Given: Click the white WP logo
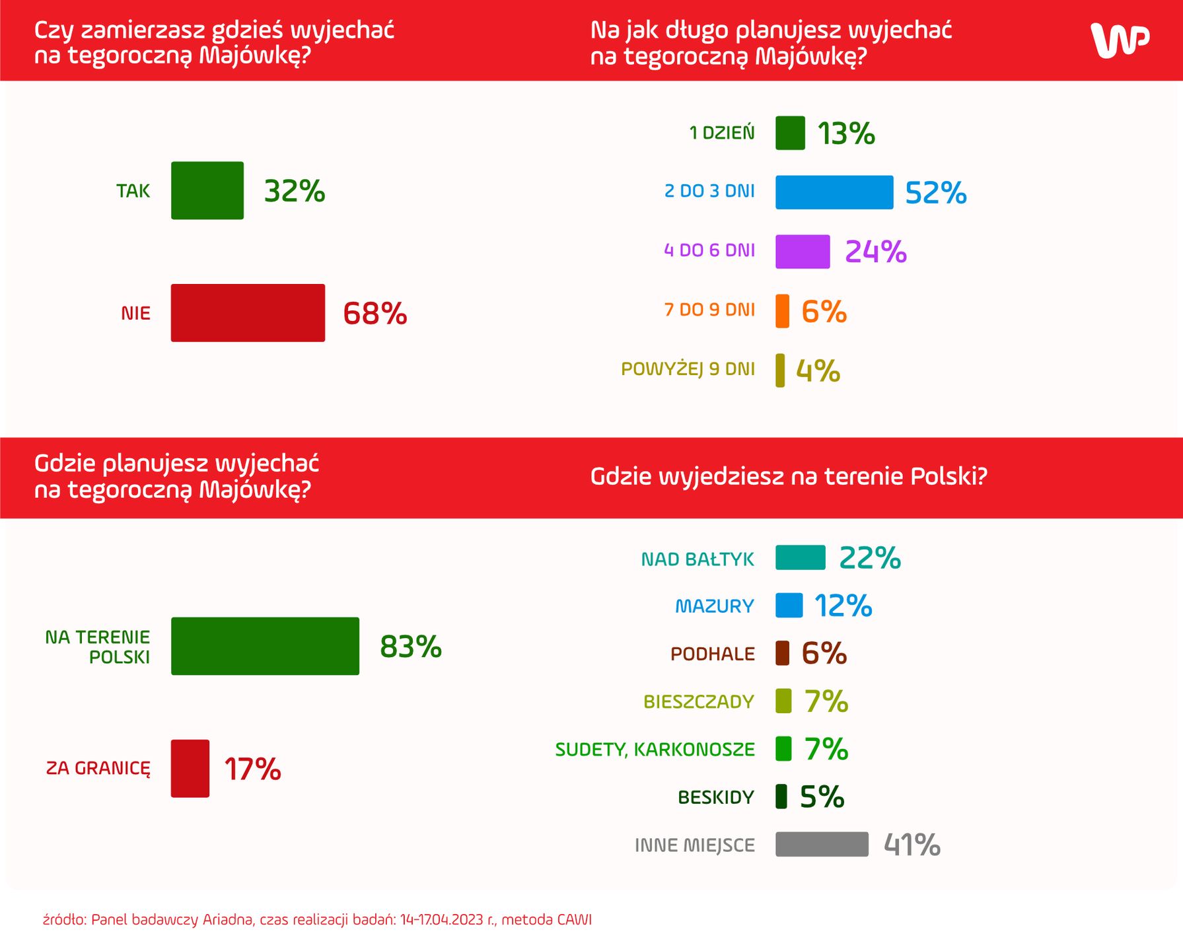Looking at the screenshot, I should pos(1120,40).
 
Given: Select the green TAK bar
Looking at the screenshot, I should pos(207,190).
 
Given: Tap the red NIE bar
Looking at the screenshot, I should pos(248,313).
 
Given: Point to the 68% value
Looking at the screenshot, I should pos(375,314).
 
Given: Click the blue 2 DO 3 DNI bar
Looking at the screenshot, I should pos(834,192).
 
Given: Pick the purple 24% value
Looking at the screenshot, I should pos(875,252).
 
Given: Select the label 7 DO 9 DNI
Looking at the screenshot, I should pos(709,310).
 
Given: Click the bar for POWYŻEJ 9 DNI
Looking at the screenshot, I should pos(780,370).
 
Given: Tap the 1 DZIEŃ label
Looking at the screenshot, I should pos(721,133).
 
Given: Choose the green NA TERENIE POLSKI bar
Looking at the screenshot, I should pos(265,646).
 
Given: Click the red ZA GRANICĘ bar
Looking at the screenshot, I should pos(190,768).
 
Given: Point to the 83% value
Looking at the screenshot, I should pos(410,647).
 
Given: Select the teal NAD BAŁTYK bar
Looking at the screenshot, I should pos(800,557).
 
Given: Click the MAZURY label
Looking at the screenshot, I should pos(714,606).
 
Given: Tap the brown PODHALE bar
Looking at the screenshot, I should pos(782,653).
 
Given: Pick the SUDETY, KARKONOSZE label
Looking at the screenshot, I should pos(655,750).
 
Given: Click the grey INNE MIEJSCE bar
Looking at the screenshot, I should pos(822,844).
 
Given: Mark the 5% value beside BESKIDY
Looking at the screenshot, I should pos(822,797).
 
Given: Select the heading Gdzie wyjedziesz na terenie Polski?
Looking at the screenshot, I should pos(788,476).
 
